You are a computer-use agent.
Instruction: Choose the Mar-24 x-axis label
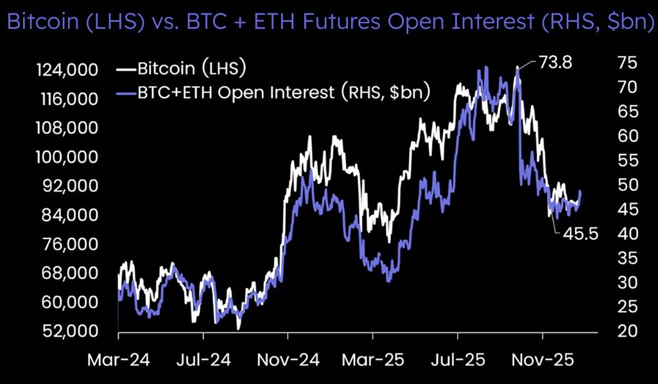(x=118, y=360)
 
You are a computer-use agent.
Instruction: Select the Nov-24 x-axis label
(x=288, y=360)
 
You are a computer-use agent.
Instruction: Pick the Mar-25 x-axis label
(x=373, y=360)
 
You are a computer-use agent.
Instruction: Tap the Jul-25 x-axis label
(x=458, y=360)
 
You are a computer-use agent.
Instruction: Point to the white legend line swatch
(x=126, y=68)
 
